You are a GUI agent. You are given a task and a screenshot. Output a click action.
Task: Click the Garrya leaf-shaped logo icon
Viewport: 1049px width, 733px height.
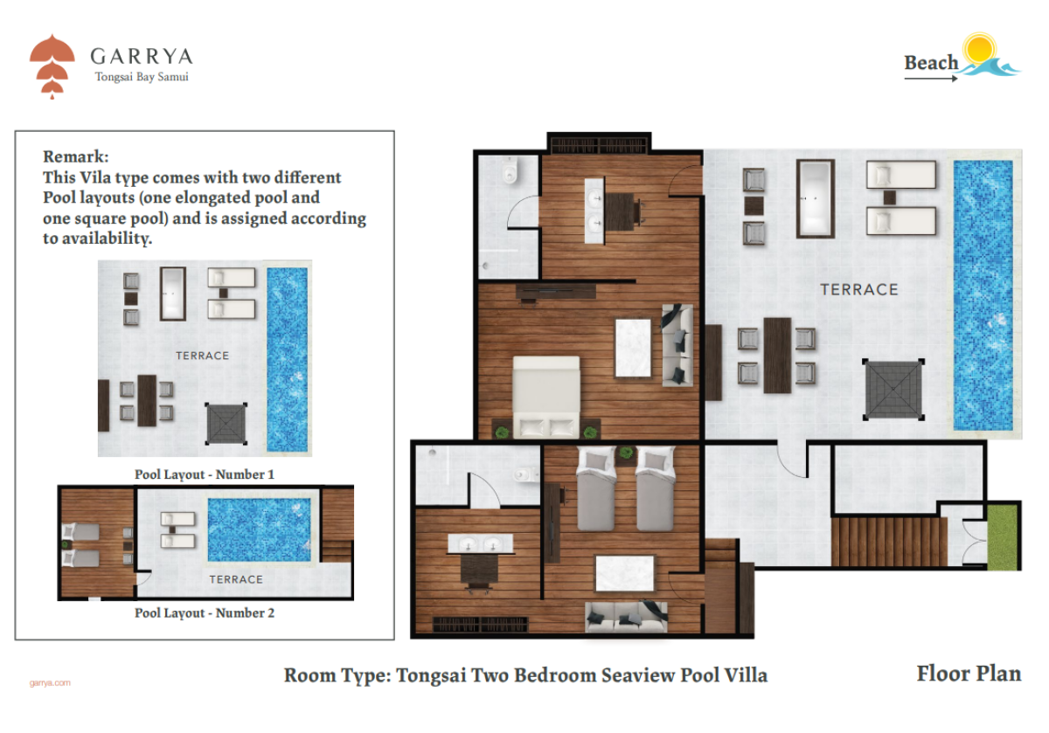(52, 66)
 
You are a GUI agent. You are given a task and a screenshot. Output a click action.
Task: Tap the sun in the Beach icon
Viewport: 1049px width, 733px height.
(979, 49)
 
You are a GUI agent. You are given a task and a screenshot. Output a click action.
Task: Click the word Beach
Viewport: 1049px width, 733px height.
(931, 62)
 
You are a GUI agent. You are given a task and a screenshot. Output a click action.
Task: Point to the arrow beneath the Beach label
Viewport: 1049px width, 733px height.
(931, 79)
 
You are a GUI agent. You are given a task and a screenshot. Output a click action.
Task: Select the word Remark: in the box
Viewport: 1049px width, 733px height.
(76, 156)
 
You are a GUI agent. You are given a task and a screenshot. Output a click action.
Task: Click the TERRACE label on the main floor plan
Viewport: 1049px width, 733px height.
(859, 290)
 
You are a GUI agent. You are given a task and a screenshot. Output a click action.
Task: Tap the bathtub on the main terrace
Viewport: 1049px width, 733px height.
(816, 198)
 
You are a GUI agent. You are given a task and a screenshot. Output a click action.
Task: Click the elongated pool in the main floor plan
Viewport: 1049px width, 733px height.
(983, 295)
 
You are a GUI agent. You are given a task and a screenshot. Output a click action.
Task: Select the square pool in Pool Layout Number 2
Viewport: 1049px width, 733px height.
(259, 529)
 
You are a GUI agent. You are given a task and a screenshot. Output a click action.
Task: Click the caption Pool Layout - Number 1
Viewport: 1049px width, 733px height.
(205, 474)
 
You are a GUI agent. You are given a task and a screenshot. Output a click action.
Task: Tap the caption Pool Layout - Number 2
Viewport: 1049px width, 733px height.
(205, 612)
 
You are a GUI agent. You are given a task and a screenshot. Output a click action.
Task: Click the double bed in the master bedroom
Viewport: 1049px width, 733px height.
(546, 398)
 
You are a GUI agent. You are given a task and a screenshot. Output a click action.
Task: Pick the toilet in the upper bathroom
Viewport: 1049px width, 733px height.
(509, 170)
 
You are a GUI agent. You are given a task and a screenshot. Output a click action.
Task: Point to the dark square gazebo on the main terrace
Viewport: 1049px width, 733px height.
(893, 390)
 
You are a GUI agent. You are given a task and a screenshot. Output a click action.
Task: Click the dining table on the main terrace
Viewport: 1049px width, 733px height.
(777, 356)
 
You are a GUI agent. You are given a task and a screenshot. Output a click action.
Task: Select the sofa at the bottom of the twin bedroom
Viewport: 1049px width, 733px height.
(626, 617)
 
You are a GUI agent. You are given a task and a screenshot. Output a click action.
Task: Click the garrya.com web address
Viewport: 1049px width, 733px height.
(50, 683)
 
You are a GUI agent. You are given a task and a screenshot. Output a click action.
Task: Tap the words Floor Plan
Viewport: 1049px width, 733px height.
(969, 674)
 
